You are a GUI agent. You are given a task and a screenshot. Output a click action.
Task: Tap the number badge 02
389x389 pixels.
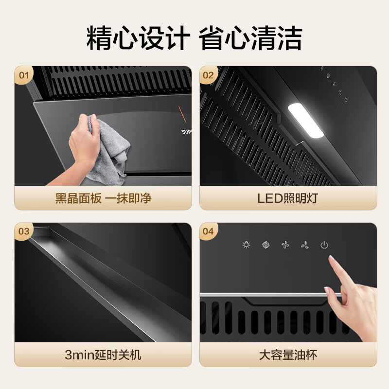[x=208, y=75]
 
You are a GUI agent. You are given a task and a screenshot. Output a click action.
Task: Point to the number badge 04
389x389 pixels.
[x=208, y=231]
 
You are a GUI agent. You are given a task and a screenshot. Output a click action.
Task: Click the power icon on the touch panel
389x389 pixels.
[x=324, y=245]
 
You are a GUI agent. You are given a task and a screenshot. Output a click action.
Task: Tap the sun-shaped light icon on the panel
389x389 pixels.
[x=246, y=245]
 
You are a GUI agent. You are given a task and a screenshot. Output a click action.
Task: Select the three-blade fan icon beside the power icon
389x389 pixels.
[x=305, y=245]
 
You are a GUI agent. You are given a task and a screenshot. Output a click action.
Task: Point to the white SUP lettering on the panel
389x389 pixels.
[x=186, y=131]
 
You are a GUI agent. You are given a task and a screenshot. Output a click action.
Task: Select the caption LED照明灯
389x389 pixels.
[x=288, y=199]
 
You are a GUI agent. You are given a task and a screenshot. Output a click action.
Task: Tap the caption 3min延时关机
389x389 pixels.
[x=103, y=355]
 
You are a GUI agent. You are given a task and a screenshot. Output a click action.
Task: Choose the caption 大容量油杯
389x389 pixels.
[x=288, y=355]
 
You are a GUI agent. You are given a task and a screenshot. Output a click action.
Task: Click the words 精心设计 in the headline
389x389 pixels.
[x=137, y=38]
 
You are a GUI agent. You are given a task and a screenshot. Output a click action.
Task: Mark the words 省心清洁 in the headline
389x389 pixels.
[x=251, y=38]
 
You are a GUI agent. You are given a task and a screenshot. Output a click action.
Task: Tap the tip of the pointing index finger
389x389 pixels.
[x=332, y=261]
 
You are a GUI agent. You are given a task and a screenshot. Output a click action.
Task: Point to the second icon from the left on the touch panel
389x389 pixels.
[x=265, y=245]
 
